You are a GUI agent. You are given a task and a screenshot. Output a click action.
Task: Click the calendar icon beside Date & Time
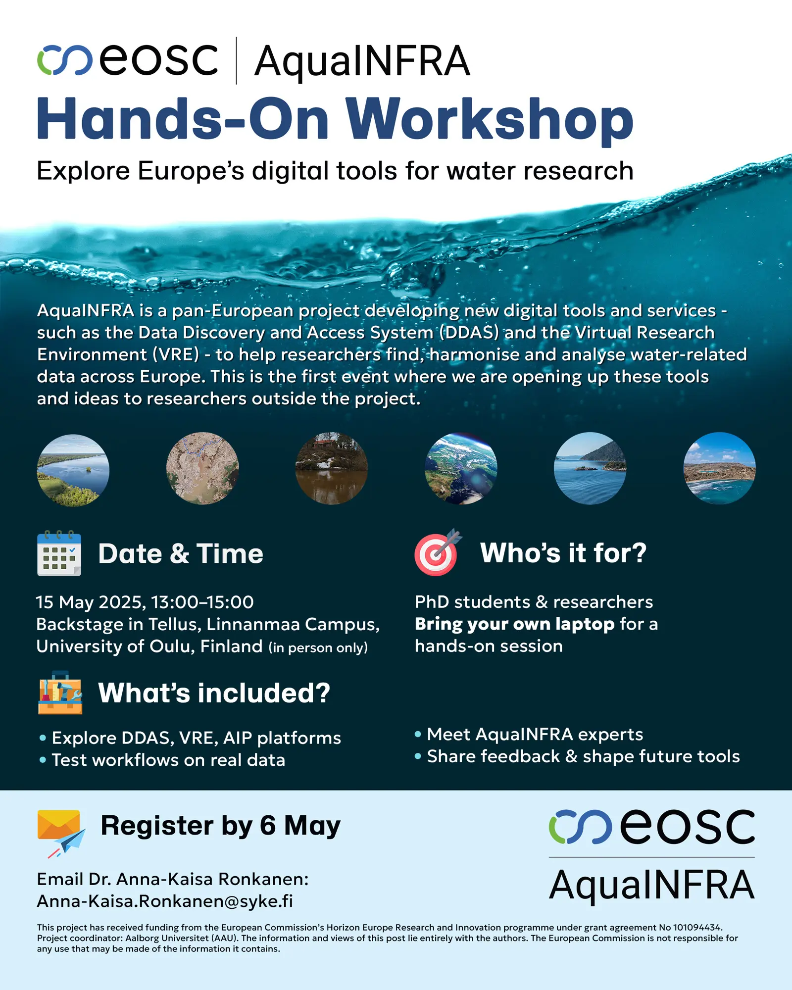[59, 553]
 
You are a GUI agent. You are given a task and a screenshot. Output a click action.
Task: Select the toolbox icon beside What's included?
[60, 693]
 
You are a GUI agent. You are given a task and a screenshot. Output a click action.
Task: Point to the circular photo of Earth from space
[461, 469]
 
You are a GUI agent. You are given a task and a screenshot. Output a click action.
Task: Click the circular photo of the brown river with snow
[332, 469]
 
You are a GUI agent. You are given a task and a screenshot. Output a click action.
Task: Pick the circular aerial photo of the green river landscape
[73, 470]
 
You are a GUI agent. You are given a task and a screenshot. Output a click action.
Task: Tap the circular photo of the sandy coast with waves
[719, 468]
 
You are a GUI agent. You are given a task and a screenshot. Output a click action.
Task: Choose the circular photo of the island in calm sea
[590, 468]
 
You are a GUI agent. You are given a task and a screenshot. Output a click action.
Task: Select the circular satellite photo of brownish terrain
[202, 468]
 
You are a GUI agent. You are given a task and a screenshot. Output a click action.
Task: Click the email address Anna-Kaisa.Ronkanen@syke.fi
[165, 901]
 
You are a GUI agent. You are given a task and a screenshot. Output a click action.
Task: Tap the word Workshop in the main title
[490, 120]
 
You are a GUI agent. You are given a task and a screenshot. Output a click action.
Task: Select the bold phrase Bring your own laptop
[515, 624]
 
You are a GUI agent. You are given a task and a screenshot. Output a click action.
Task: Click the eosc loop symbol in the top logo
[65, 60]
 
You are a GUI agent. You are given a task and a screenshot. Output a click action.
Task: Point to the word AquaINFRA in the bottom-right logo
[652, 885]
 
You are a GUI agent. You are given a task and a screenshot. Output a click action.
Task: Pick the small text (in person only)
[318, 648]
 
